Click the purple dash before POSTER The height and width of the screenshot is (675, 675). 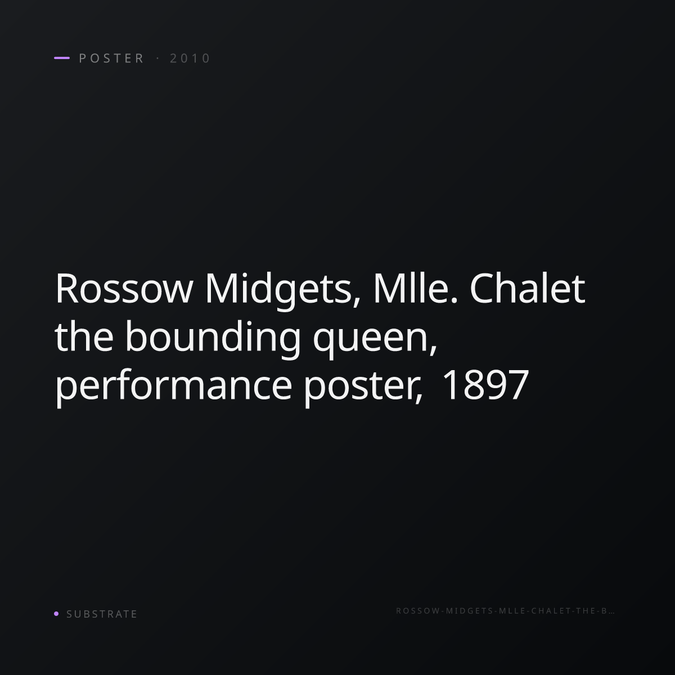click(x=62, y=58)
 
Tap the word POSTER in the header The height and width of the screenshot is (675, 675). click(x=111, y=58)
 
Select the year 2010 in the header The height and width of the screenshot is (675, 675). click(x=190, y=58)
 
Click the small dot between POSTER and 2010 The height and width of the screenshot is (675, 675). click(x=157, y=58)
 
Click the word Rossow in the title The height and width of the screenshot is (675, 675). click(x=124, y=289)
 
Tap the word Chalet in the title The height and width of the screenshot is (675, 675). click(x=527, y=289)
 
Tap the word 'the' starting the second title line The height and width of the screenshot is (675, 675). click(x=84, y=336)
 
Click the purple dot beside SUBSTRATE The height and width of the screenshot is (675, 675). click(x=56, y=613)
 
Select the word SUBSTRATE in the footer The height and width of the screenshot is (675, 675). click(x=102, y=614)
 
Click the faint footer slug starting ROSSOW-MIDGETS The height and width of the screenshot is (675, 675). click(x=505, y=611)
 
